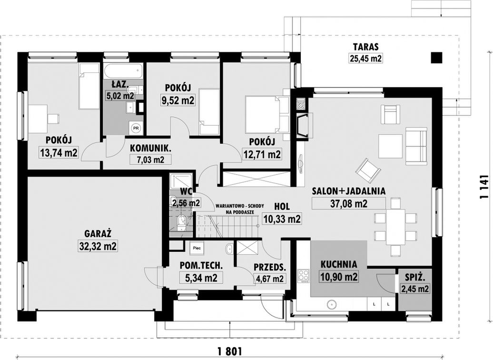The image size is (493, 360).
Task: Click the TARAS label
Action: coord(365,47)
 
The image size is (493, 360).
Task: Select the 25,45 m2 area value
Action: coord(365,58)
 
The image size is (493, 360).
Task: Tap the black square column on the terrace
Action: coord(436,58)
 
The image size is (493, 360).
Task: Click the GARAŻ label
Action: coord(98,234)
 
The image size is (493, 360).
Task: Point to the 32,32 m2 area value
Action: coord(98,246)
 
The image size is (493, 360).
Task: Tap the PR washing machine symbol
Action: coord(136,128)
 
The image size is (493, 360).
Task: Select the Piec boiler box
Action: coord(197,248)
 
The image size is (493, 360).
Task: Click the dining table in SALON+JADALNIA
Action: coord(395,227)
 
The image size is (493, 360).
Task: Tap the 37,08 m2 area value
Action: coord(349,204)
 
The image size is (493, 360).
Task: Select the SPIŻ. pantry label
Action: coord(415,278)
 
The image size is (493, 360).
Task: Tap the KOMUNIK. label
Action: coord(150,148)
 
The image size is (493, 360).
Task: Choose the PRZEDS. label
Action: coord(270,268)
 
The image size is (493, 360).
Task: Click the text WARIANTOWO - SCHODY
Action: coord(239,206)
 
